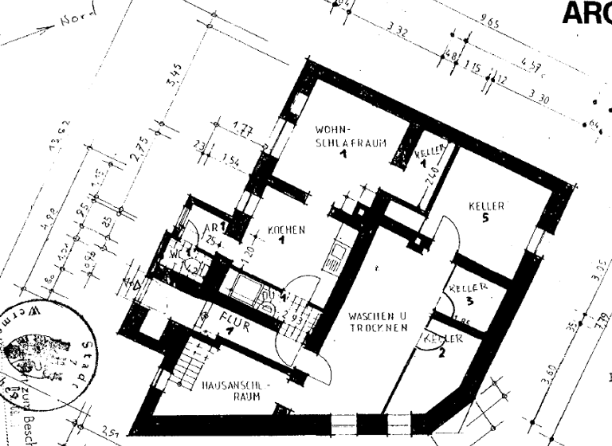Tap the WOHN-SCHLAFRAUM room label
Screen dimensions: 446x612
pos(340,136)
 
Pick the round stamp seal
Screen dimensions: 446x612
pos(48,355)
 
